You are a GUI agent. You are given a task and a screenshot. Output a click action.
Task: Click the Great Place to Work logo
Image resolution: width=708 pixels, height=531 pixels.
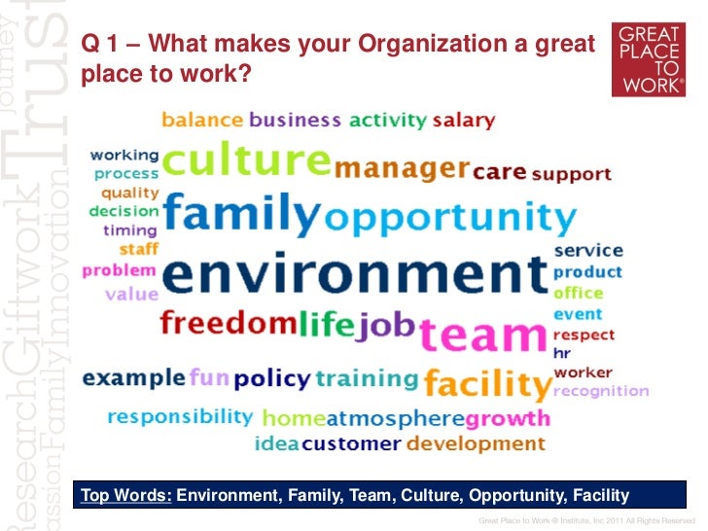(653, 61)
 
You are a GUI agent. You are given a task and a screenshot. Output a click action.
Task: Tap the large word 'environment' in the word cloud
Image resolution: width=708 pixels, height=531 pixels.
(355, 274)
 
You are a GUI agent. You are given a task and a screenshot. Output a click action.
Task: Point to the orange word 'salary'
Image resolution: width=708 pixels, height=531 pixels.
(464, 121)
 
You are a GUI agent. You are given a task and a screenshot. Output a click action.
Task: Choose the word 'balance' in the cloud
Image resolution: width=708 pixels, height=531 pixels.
(202, 121)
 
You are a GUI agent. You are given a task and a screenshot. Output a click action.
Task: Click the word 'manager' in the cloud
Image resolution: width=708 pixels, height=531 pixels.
(402, 169)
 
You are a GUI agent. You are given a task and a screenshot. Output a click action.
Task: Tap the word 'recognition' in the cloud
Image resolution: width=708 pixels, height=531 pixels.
(600, 391)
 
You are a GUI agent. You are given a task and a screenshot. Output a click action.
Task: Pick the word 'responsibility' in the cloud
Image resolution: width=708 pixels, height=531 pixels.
(180, 416)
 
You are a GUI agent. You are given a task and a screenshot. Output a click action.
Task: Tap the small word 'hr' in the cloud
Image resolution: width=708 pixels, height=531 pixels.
(561, 353)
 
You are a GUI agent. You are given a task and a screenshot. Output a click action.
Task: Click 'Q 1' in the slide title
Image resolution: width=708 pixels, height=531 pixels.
(98, 44)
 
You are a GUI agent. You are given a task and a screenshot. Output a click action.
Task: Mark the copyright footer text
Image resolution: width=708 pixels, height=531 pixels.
(588, 522)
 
